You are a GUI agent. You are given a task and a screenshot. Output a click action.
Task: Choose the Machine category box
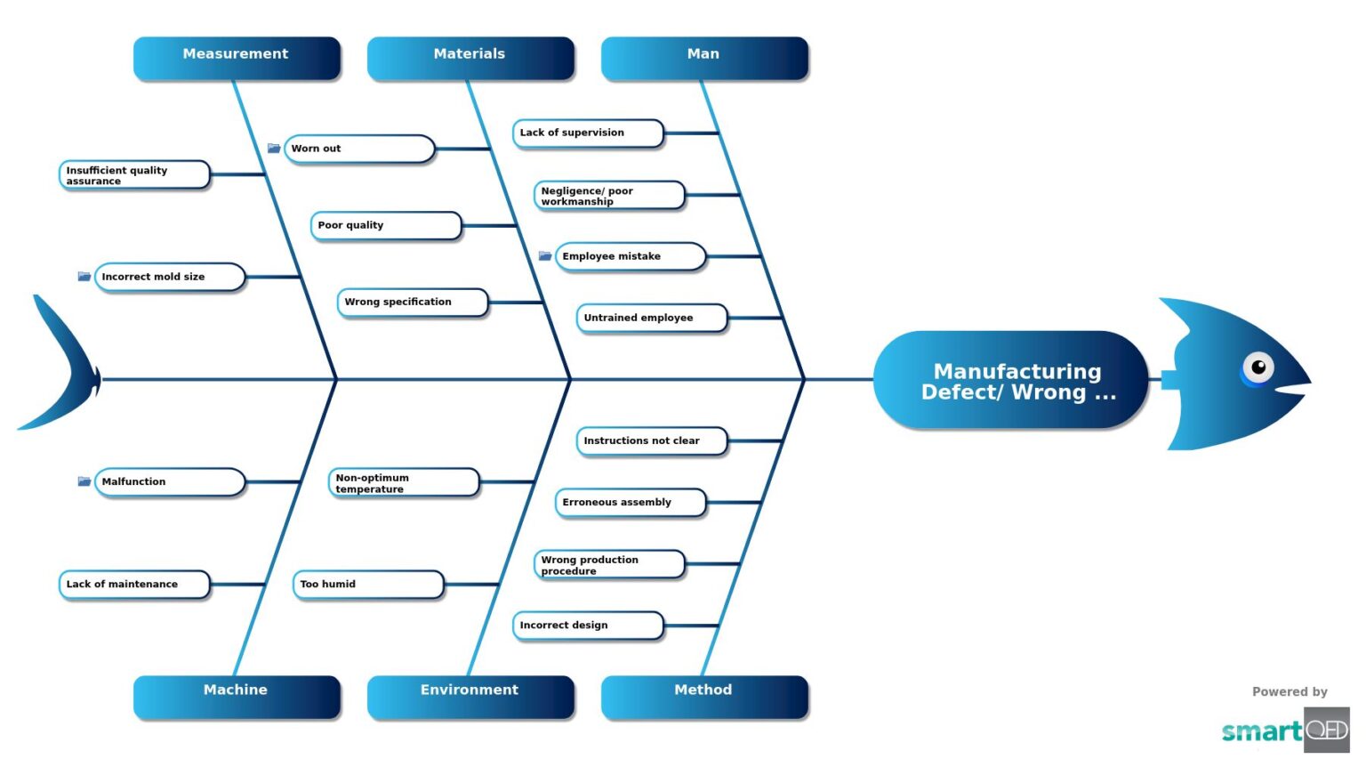pos(237,696)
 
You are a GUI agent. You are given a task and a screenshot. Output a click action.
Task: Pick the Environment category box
pos(470,696)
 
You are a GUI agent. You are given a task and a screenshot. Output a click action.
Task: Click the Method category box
pos(704,696)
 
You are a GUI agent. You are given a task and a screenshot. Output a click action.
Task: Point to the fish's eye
pos(1258,367)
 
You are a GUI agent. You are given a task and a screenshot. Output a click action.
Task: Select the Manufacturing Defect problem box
pos(1010,381)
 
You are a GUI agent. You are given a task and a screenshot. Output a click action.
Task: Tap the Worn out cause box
pos(359,149)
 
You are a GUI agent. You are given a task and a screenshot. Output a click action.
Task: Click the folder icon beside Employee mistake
pos(545,256)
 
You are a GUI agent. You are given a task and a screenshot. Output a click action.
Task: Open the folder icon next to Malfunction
pos(84,481)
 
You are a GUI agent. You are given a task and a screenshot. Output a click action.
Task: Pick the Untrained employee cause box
pos(652,318)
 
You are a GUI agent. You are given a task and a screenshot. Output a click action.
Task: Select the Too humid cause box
pos(368,585)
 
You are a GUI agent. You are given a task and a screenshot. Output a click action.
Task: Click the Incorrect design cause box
pos(588,626)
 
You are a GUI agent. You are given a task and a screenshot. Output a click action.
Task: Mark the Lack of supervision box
pos(588,133)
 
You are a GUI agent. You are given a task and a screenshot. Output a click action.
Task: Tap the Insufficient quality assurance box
pos(134,175)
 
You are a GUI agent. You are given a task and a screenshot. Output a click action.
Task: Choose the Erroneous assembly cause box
pos(631,503)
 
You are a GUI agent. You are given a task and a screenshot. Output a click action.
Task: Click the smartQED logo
pos(1285,730)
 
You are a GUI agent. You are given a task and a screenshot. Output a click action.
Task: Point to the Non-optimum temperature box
pos(404,483)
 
